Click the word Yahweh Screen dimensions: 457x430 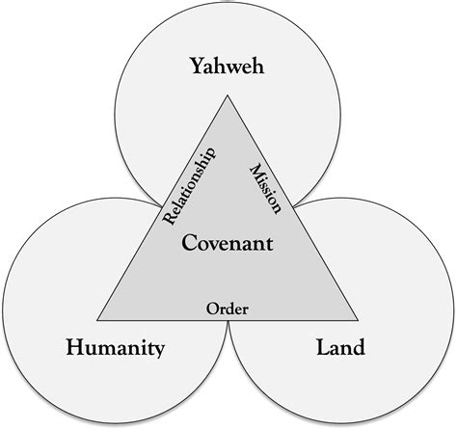tap(228, 66)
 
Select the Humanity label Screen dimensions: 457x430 tap(116, 349)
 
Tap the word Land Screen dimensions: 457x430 tap(341, 347)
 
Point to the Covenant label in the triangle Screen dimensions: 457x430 tap(228, 243)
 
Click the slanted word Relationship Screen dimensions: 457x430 tap(189, 186)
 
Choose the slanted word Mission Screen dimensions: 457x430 tap(266, 188)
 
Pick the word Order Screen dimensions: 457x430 tap(228, 309)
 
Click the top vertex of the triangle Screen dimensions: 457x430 tap(228, 95)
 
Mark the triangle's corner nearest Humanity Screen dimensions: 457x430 tap(97, 320)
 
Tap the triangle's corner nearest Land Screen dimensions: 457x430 tap(358, 320)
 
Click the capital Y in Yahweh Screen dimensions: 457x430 tap(199, 66)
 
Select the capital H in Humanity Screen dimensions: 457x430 tap(76, 347)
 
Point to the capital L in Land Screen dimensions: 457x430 tap(324, 347)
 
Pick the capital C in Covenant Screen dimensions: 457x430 tap(189, 243)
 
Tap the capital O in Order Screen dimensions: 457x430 tap(212, 309)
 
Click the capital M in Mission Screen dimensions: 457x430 tap(257, 172)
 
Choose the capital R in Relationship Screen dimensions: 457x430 tap(171, 217)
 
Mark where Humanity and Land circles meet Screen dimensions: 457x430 tap(228, 322)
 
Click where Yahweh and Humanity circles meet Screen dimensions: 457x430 tap(160, 204)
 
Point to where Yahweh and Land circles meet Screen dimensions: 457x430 tap(295, 205)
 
